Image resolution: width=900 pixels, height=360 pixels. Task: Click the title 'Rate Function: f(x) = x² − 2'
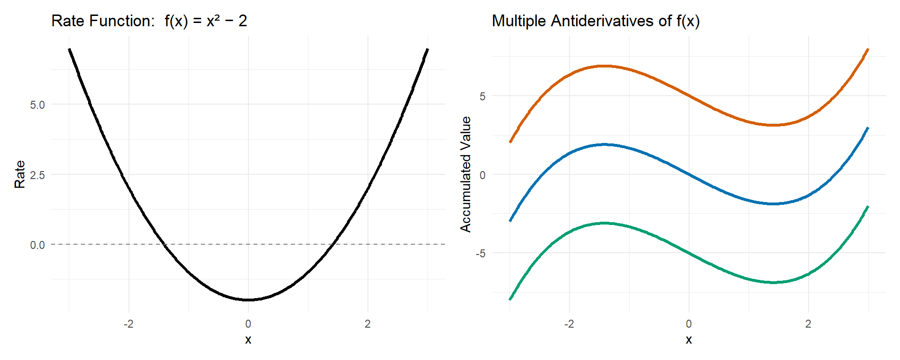click(149, 21)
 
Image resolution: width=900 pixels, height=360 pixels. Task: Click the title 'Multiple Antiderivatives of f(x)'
click(595, 21)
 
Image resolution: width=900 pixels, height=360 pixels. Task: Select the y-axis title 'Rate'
click(20, 174)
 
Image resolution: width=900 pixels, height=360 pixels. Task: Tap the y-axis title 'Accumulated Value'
click(465, 174)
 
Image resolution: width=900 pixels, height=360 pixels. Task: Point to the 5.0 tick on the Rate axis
click(37, 105)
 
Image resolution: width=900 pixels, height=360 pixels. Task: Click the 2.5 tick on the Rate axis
click(37, 175)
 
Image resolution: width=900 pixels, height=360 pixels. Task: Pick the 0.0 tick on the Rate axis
click(37, 245)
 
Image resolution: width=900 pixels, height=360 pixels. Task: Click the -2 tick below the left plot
click(128, 324)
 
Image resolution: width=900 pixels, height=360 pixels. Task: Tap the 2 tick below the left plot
click(367, 324)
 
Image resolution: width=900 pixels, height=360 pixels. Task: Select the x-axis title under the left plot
click(248, 340)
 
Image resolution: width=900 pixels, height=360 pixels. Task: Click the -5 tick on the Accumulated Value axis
click(480, 254)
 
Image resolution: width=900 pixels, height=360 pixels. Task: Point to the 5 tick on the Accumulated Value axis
click(482, 97)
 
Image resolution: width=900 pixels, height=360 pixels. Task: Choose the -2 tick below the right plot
click(569, 324)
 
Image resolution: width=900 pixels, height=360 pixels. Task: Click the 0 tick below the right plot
click(689, 324)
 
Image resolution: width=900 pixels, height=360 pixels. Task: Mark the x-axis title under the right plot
click(689, 340)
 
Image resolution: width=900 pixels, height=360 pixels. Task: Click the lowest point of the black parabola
click(248, 300)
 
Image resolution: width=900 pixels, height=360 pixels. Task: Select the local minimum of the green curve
click(773, 282)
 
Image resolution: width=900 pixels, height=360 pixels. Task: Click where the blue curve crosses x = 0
click(689, 174)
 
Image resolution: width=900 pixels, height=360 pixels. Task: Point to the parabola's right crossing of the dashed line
click(333, 244)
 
